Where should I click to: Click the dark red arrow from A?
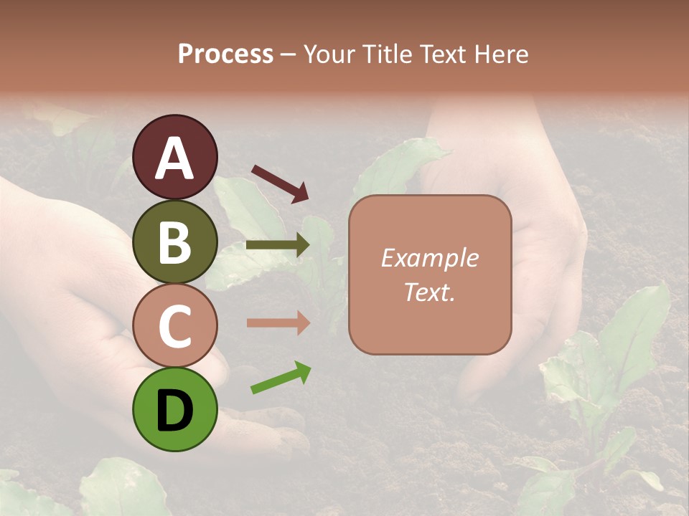280,183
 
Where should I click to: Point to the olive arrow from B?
278,245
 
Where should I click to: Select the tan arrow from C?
278,322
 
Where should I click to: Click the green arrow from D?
281,378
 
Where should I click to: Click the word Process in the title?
225,54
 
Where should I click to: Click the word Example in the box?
429,258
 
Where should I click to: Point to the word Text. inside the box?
429,292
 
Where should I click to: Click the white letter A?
174,158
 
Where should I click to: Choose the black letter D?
174,411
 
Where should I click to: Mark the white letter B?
174,242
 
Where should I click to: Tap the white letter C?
174,327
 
